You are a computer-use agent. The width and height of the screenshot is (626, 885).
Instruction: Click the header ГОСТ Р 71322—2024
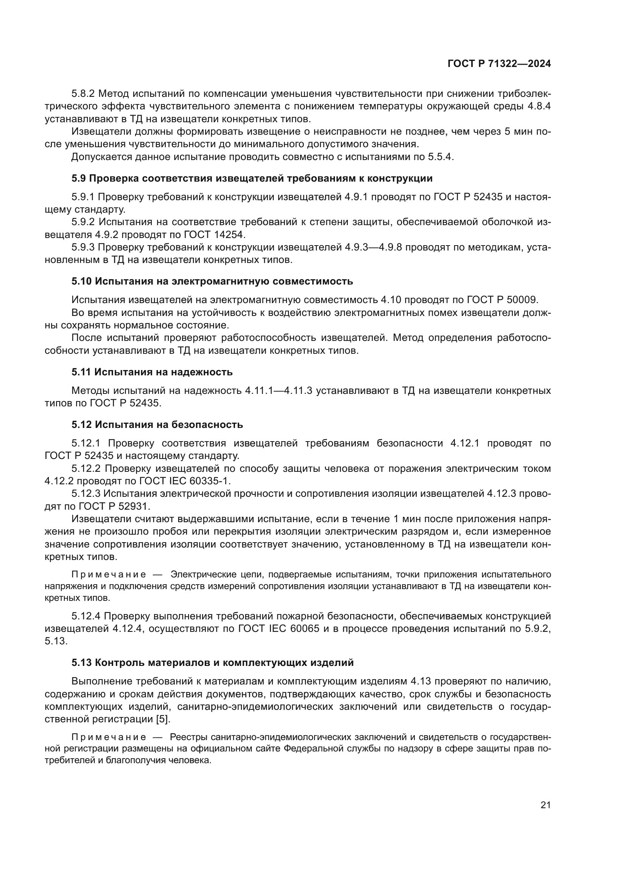coord(499,64)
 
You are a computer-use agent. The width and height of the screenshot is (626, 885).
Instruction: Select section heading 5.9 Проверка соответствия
coord(252,179)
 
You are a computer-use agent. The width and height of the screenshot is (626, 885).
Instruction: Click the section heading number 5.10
coord(81,282)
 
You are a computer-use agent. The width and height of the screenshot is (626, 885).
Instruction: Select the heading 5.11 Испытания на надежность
coord(152,372)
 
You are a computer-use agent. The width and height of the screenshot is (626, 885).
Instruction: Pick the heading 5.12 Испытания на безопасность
coord(157,425)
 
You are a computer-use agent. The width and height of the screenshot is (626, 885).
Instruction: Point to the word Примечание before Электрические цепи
coord(109,575)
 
